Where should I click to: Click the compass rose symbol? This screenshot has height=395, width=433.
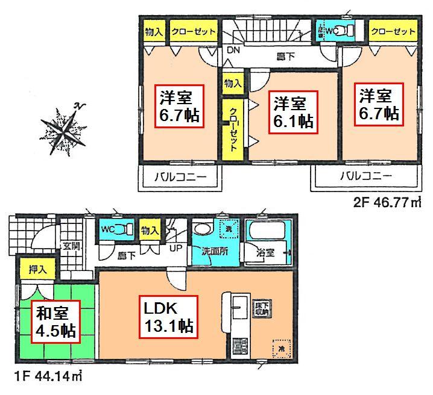click(62, 127)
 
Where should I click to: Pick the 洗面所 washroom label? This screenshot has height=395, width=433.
click(214, 252)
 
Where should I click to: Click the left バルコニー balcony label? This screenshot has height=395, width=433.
click(178, 177)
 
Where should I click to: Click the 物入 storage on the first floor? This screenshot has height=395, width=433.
click(149, 230)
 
